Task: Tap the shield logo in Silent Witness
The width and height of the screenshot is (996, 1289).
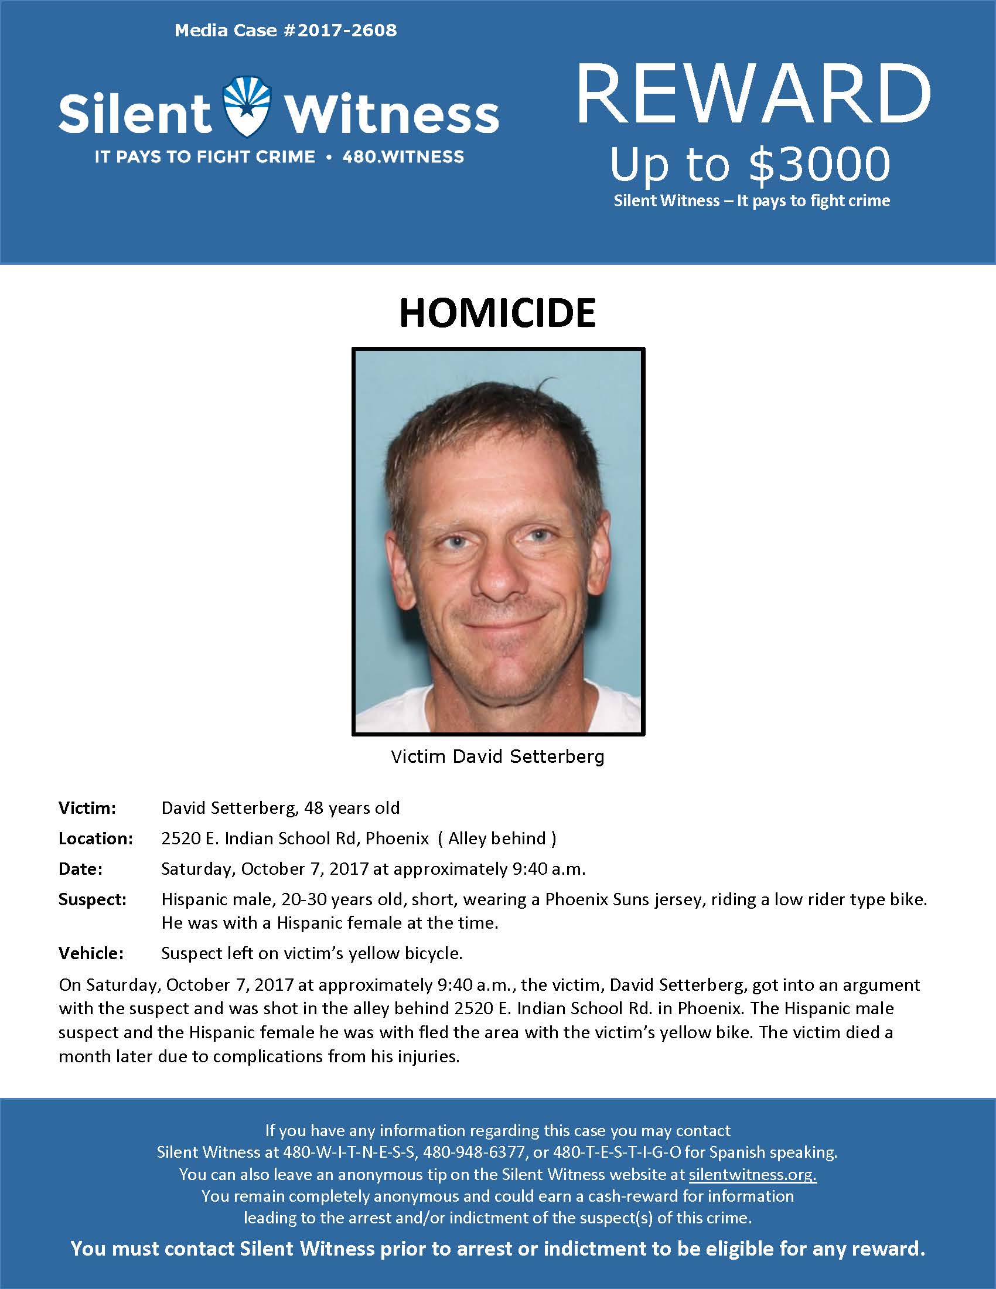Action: (247, 107)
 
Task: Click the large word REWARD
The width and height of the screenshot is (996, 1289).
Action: (753, 94)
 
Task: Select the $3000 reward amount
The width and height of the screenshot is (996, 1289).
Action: (819, 163)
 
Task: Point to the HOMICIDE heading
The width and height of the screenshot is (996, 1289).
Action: (497, 313)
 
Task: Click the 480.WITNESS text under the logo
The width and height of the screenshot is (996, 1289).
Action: (403, 157)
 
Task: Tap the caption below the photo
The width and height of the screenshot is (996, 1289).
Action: (497, 756)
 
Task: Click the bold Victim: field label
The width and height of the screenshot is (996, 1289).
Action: (87, 808)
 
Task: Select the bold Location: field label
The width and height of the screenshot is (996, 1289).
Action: (95, 838)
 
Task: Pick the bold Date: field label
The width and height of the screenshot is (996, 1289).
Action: (80, 869)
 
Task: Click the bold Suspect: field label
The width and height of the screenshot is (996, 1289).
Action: (93, 899)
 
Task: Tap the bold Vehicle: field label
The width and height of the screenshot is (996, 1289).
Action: (91, 954)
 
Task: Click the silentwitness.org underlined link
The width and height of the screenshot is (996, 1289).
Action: (752, 1175)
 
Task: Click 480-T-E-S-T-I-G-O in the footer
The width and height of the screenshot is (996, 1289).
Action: (610, 1152)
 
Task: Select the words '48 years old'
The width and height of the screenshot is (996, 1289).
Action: (352, 808)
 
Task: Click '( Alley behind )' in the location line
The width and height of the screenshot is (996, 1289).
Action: (497, 838)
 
